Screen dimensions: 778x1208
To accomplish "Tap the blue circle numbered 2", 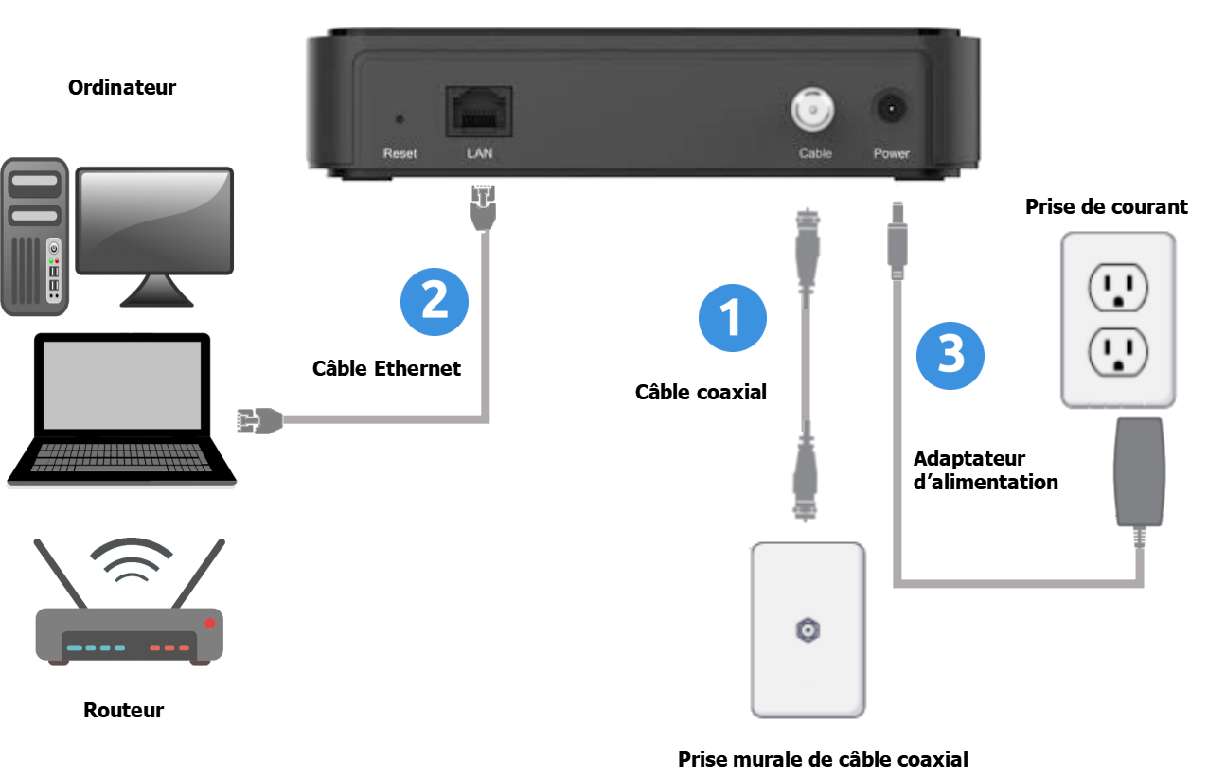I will coord(435,300).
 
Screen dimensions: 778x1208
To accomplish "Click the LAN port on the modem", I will coord(479,112).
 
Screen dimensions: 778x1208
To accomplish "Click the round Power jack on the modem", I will coord(891,111).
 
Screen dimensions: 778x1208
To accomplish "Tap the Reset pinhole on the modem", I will coord(399,119).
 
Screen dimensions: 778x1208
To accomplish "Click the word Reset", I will coord(400,153).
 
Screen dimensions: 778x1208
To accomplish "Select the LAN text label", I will coord(479,153).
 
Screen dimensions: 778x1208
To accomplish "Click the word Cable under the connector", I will coord(814,153).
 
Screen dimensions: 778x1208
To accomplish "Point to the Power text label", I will coord(891,153).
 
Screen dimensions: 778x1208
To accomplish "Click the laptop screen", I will coord(121,385).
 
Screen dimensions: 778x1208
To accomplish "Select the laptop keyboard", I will coord(121,456).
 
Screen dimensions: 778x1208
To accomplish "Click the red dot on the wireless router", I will coord(210,622).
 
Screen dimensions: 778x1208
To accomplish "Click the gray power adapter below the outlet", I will coord(1138,470).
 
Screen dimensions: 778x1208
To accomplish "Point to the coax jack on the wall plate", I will coord(808,628).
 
